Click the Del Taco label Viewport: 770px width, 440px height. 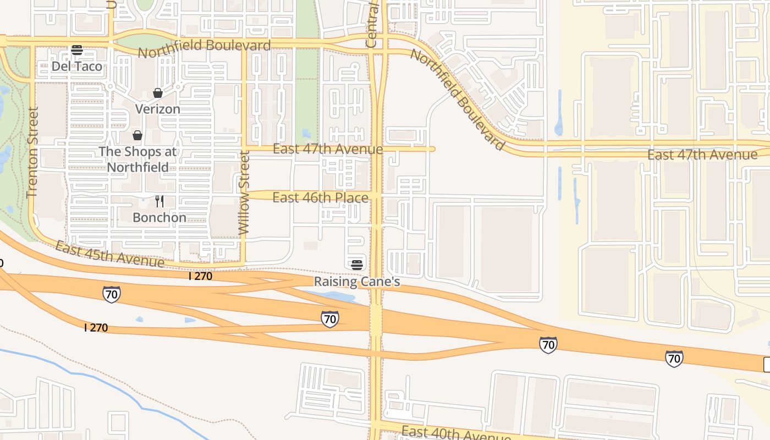point(77,67)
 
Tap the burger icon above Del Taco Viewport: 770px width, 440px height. point(77,50)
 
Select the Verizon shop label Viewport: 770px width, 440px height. point(158,109)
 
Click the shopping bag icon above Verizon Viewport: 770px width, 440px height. point(158,92)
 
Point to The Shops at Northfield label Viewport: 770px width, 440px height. point(137,159)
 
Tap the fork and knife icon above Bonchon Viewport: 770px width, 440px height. point(159,201)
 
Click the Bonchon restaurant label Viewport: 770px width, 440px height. point(159,217)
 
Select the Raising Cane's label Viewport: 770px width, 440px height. point(357,282)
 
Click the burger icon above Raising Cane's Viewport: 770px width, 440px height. point(357,265)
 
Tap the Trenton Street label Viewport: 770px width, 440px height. point(32,152)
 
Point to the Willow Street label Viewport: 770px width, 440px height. point(244,194)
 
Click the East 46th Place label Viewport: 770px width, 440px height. point(321,197)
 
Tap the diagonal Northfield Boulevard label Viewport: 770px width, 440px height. point(457,99)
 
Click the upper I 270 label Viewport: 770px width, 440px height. point(200,276)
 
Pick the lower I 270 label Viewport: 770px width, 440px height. point(96,328)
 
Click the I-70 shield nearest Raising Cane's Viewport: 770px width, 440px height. point(330,318)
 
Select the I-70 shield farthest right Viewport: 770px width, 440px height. point(674,358)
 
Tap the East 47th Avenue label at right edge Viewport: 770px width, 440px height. point(702,155)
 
